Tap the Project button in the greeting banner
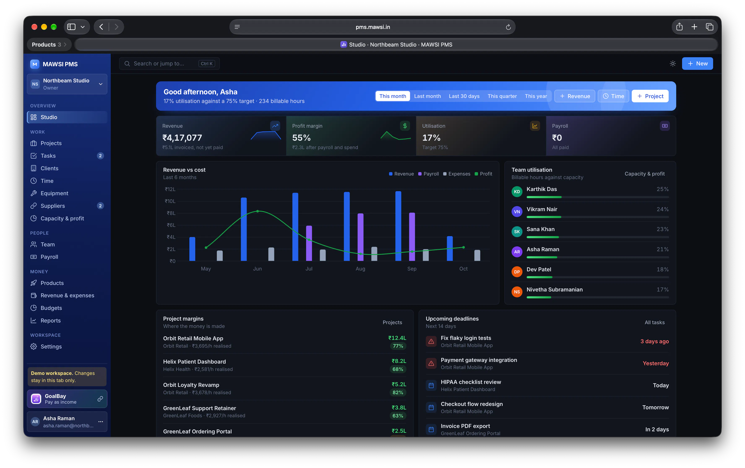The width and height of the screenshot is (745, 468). point(650,96)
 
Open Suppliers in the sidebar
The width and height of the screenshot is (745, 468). point(53,206)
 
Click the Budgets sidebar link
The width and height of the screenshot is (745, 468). point(51,308)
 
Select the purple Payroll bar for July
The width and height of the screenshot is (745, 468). point(309,243)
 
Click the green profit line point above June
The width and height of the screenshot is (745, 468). point(257,211)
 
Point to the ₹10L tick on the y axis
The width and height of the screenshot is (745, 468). point(170,201)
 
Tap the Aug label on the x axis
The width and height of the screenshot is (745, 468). point(360,268)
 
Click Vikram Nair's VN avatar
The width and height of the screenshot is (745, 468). point(517,212)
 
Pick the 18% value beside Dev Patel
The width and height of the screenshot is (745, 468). point(662,269)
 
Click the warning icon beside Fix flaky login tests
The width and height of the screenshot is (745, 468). point(431,342)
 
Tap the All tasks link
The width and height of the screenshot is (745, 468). point(654,322)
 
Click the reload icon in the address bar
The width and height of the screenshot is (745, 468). point(508,27)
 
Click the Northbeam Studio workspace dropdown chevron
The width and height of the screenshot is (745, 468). point(100,84)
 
